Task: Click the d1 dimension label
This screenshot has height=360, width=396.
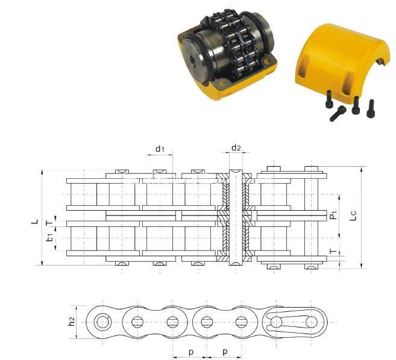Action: coord(160,148)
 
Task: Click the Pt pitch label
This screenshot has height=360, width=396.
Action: coord(333,216)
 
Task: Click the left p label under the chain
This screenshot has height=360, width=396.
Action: coord(189,350)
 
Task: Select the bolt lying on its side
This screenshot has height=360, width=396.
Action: coord(338,113)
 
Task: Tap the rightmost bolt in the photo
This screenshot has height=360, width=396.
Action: coord(371,108)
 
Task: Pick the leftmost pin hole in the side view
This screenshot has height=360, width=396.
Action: coord(103,321)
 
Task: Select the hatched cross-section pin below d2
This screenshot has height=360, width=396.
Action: coord(236,217)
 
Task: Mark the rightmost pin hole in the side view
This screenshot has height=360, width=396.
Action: coord(312,321)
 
